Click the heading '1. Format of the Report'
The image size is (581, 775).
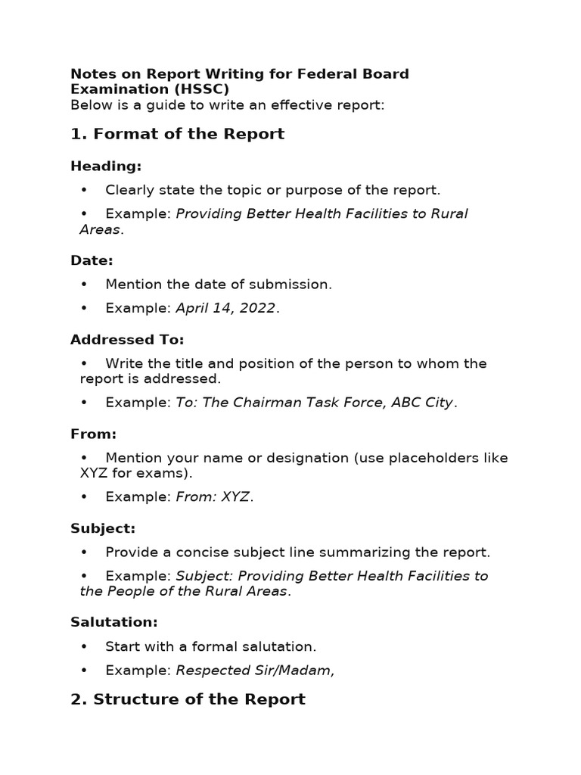click(x=177, y=135)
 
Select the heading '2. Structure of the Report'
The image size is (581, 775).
click(x=188, y=699)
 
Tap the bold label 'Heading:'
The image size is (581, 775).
click(x=106, y=167)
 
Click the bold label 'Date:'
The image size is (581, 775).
click(x=92, y=260)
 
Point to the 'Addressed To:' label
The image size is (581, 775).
click(x=127, y=340)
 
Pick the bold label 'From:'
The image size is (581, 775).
click(x=93, y=434)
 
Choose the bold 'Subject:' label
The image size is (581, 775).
click(x=103, y=528)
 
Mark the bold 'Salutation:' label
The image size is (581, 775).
click(x=113, y=622)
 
